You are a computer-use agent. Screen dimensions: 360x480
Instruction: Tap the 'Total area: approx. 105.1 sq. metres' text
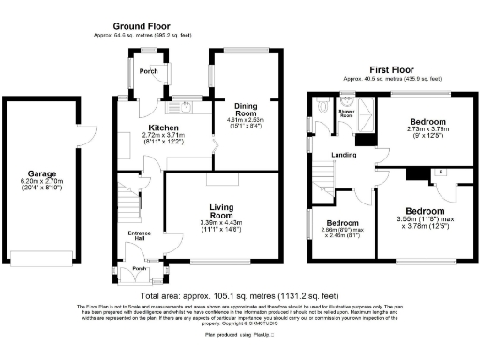tap(240, 292)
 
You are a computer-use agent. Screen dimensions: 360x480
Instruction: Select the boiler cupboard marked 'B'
tap(441, 173)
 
